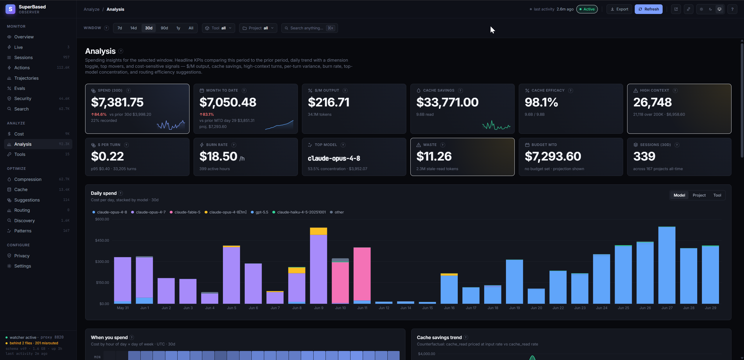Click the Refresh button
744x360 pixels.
[x=648, y=9]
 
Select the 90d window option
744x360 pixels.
[x=164, y=28]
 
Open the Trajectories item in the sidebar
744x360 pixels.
[x=26, y=78]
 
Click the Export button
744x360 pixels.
[x=619, y=9]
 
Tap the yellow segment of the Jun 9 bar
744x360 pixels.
[x=319, y=231]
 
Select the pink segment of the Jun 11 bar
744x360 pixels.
[x=362, y=274]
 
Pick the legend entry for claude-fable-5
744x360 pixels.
[x=185, y=212]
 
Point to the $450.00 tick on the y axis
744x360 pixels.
[x=102, y=240]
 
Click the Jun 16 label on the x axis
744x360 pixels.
[x=449, y=308]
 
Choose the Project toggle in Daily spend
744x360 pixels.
[x=699, y=195]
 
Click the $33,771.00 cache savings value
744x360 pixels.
[x=447, y=102]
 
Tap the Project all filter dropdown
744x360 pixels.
[x=258, y=28]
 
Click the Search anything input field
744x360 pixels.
[x=309, y=28]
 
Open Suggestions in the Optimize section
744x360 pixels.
[x=27, y=200]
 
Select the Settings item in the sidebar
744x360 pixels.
[x=23, y=266]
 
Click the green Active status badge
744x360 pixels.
[x=587, y=9]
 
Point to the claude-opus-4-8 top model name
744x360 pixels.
[x=334, y=158]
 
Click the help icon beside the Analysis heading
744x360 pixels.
[x=121, y=51]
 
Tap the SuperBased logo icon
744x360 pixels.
[x=10, y=9]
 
